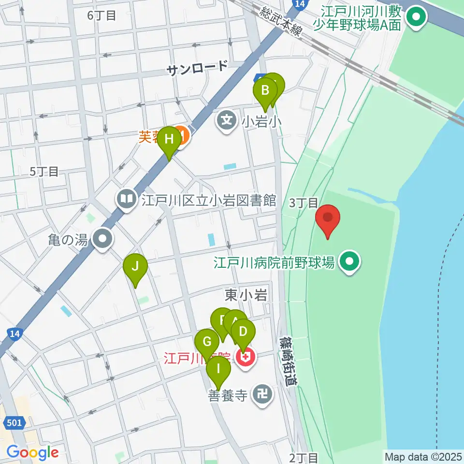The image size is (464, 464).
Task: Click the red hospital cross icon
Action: click(246, 357)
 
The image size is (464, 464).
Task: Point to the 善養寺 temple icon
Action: click(264, 395)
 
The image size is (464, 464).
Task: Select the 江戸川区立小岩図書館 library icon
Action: click(127, 199)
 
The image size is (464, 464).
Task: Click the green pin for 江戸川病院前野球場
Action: click(350, 262)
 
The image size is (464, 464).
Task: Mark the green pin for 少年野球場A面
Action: click(415, 17)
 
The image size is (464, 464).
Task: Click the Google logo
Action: click(32, 452)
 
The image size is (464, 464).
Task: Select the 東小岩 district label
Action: click(246, 295)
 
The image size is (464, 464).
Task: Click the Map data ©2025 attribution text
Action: click(422, 456)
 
